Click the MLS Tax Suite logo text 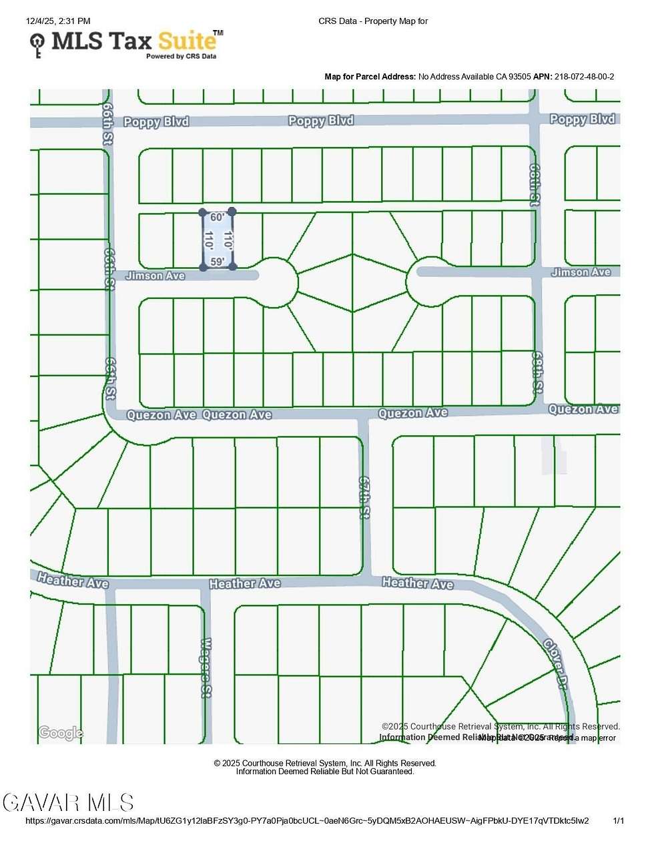pos(133,41)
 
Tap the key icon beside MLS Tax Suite pos(37,45)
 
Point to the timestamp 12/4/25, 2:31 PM pos(58,21)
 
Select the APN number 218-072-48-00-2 pos(584,77)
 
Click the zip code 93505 pos(520,77)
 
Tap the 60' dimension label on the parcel pos(217,218)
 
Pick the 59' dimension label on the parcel pos(217,262)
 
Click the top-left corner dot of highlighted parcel pos(203,212)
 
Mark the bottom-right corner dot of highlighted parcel pos(232,266)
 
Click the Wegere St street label pos(206,667)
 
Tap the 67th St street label pos(364,497)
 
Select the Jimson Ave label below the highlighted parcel pos(155,276)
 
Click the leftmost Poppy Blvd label pos(156,122)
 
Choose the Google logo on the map pos(61,733)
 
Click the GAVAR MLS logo pos(68,802)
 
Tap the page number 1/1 pos(619,821)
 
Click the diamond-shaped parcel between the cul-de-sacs pos(352,282)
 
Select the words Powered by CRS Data pos(182,57)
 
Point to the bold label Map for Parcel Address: pos(370,77)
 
